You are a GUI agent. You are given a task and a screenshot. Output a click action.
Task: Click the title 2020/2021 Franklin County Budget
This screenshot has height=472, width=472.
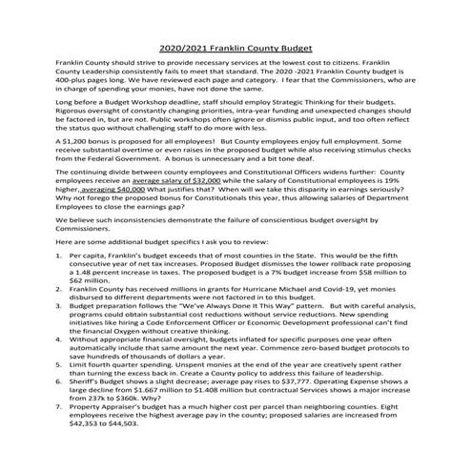coord(236,48)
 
